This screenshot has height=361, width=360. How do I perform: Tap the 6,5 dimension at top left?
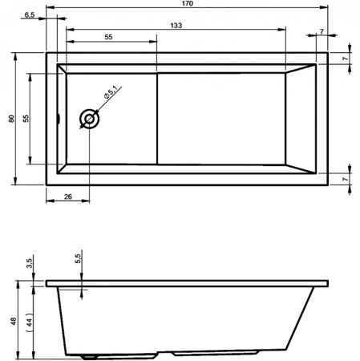pyautogui.click(x=29, y=15)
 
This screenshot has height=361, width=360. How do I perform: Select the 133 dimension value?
pyautogui.click(x=175, y=26)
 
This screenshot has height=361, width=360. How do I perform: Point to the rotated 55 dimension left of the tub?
pyautogui.click(x=26, y=118)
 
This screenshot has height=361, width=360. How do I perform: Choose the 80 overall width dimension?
pyautogui.click(x=11, y=118)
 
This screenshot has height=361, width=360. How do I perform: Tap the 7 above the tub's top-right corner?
pyautogui.click(x=321, y=32)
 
